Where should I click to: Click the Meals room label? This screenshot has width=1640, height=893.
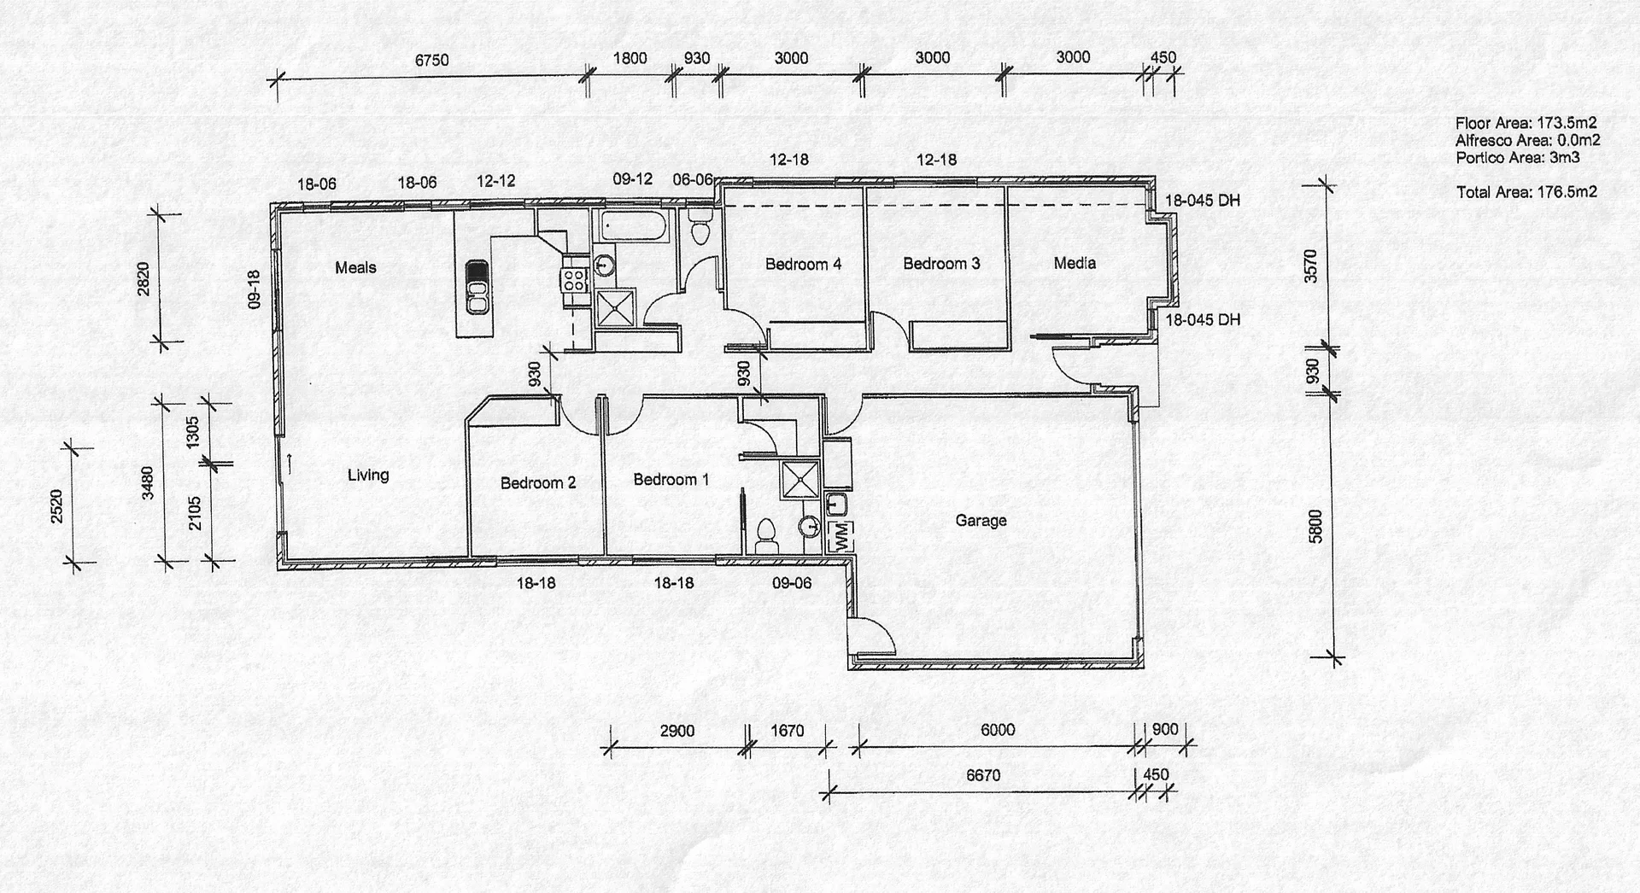[x=355, y=268]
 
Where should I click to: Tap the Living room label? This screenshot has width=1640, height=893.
[x=368, y=475]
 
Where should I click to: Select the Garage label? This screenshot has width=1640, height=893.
[x=981, y=520]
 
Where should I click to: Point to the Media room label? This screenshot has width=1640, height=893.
[x=1075, y=263]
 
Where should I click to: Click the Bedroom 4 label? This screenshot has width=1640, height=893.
[x=803, y=264]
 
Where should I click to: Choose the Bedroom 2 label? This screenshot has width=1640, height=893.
[x=538, y=483]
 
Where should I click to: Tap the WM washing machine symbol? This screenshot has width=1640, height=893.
[x=840, y=536]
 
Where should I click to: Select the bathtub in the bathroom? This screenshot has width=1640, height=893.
[x=633, y=226]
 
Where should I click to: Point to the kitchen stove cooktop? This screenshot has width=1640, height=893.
[x=573, y=279]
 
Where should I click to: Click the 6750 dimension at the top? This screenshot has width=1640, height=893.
[x=431, y=60]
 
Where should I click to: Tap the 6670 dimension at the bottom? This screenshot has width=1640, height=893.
[x=983, y=775]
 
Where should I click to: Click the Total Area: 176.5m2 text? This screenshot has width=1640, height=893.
[x=1526, y=192]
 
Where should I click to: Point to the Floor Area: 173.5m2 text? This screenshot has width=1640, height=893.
[x=1526, y=123]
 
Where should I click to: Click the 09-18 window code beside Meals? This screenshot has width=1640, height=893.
[x=254, y=289]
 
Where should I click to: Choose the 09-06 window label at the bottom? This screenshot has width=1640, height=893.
[x=792, y=583]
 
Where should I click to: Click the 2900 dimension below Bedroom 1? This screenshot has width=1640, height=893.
[x=677, y=731]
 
